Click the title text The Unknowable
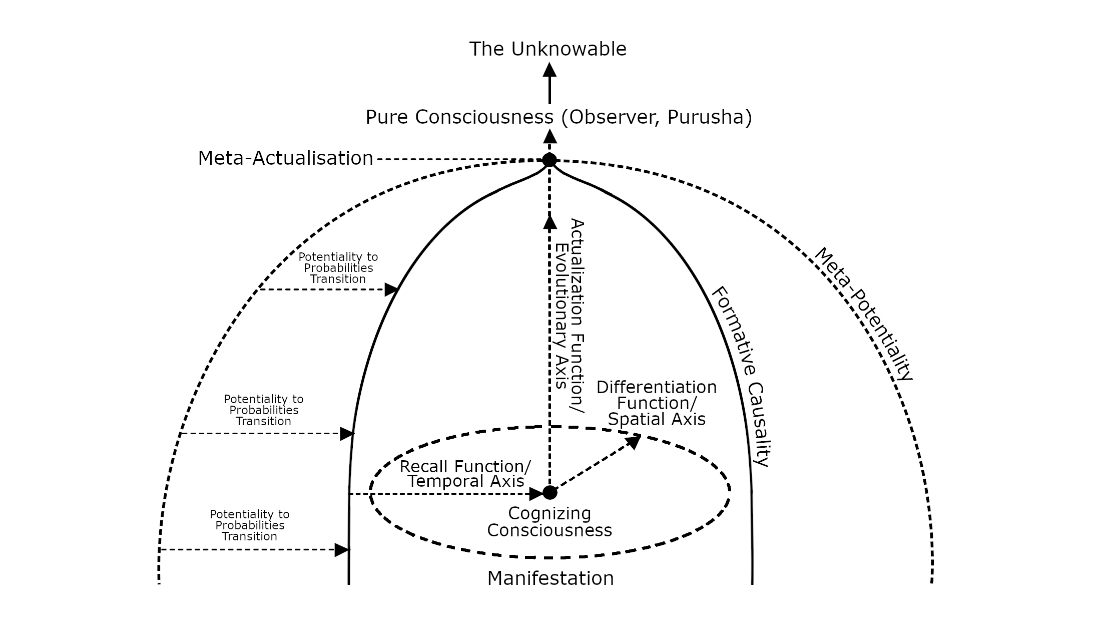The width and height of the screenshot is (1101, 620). click(547, 49)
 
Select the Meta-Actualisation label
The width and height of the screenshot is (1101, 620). click(286, 158)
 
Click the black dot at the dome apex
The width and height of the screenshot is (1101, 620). click(549, 160)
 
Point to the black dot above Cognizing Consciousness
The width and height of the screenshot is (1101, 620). click(549, 492)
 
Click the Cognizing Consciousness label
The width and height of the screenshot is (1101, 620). click(549, 521)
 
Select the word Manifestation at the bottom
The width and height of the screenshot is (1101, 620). click(550, 578)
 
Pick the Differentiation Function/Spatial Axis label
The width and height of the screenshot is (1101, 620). click(657, 403)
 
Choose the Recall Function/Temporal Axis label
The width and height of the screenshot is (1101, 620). click(465, 474)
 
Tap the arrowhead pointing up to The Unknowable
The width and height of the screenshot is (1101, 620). click(549, 70)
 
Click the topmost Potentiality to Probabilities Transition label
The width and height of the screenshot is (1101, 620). click(338, 268)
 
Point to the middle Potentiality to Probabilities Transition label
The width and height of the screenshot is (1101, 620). click(264, 410)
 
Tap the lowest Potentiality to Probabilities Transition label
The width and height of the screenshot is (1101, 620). click(250, 525)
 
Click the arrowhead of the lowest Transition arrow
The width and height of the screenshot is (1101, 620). click(342, 550)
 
